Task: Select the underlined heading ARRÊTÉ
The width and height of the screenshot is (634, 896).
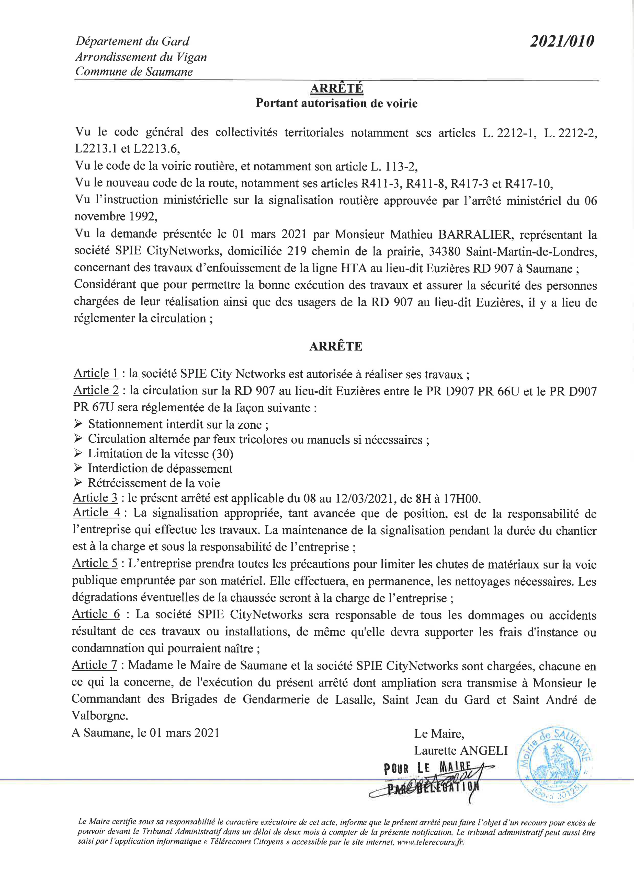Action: [x=336, y=89]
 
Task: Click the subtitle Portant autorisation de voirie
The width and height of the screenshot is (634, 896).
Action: [x=336, y=103]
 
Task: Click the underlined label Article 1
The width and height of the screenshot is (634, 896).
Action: [x=96, y=374]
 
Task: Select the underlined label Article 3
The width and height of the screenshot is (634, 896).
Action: [x=96, y=498]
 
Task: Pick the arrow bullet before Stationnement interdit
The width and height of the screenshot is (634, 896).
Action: [x=77, y=424]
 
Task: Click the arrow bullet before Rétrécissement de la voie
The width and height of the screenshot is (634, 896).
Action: [x=77, y=483]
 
